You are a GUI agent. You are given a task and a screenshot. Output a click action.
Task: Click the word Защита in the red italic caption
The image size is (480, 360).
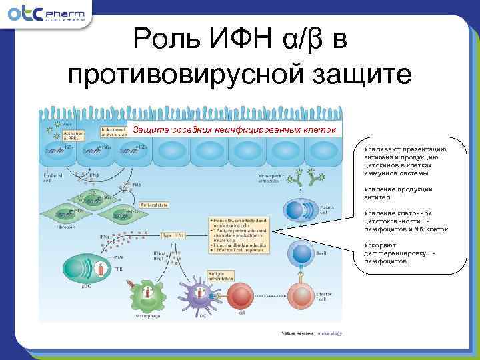pos(152,129)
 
